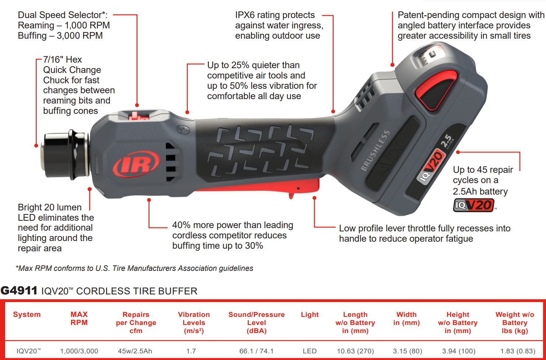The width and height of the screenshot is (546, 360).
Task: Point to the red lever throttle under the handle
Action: pyautogui.click(x=258, y=186)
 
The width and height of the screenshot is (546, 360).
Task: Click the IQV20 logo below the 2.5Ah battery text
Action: pyautogui.click(x=473, y=205)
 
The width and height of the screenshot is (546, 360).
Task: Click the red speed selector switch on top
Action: pyautogui.click(x=138, y=116)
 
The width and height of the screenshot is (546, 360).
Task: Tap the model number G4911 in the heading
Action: pyautogui.click(x=19, y=291)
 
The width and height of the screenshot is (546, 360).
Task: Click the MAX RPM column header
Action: pyautogui.click(x=79, y=318)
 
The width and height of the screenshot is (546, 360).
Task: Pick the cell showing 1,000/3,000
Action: pyautogui.click(x=79, y=351)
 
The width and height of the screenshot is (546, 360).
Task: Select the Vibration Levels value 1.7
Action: pyautogui.click(x=191, y=351)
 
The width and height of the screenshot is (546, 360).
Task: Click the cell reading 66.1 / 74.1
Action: pyautogui.click(x=256, y=351)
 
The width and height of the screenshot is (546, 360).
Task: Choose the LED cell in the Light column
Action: pyautogui.click(x=309, y=351)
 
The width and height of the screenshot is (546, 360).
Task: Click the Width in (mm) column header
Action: pyautogui.click(x=406, y=318)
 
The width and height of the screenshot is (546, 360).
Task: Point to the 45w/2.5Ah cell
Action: pyautogui.click(x=135, y=351)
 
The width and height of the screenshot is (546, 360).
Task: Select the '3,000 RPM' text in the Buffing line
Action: pyautogui.click(x=80, y=36)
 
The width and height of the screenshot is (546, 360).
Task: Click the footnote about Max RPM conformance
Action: pyautogui.click(x=134, y=268)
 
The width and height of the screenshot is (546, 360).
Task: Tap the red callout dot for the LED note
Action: pyautogui.click(x=90, y=189)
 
